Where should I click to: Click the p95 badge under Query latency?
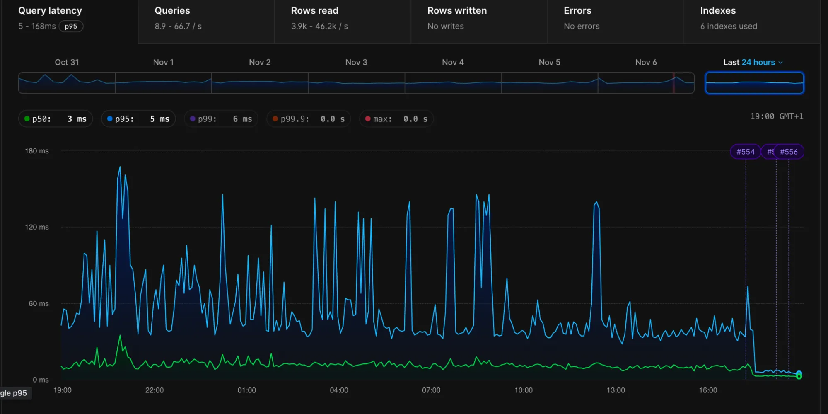tap(71, 26)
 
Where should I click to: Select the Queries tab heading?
tap(172, 11)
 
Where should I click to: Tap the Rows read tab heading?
tap(314, 11)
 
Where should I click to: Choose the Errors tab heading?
tap(577, 11)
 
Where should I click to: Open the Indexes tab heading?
tap(718, 11)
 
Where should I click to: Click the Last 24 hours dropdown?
tap(753, 62)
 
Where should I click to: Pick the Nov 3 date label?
tap(356, 62)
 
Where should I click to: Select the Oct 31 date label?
tap(67, 62)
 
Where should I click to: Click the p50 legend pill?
tap(56, 119)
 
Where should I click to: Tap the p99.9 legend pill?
tap(309, 119)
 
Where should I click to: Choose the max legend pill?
tap(396, 119)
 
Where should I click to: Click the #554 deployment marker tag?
tap(745, 152)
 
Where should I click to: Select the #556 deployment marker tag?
tap(789, 152)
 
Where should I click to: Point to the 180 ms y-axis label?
tap(37, 151)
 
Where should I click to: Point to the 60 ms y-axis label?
tap(39, 303)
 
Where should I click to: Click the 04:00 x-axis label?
tap(339, 390)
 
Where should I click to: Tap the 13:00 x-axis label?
tap(616, 390)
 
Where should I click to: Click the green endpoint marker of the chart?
tap(799, 375)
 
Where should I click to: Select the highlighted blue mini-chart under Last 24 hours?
tap(754, 83)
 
